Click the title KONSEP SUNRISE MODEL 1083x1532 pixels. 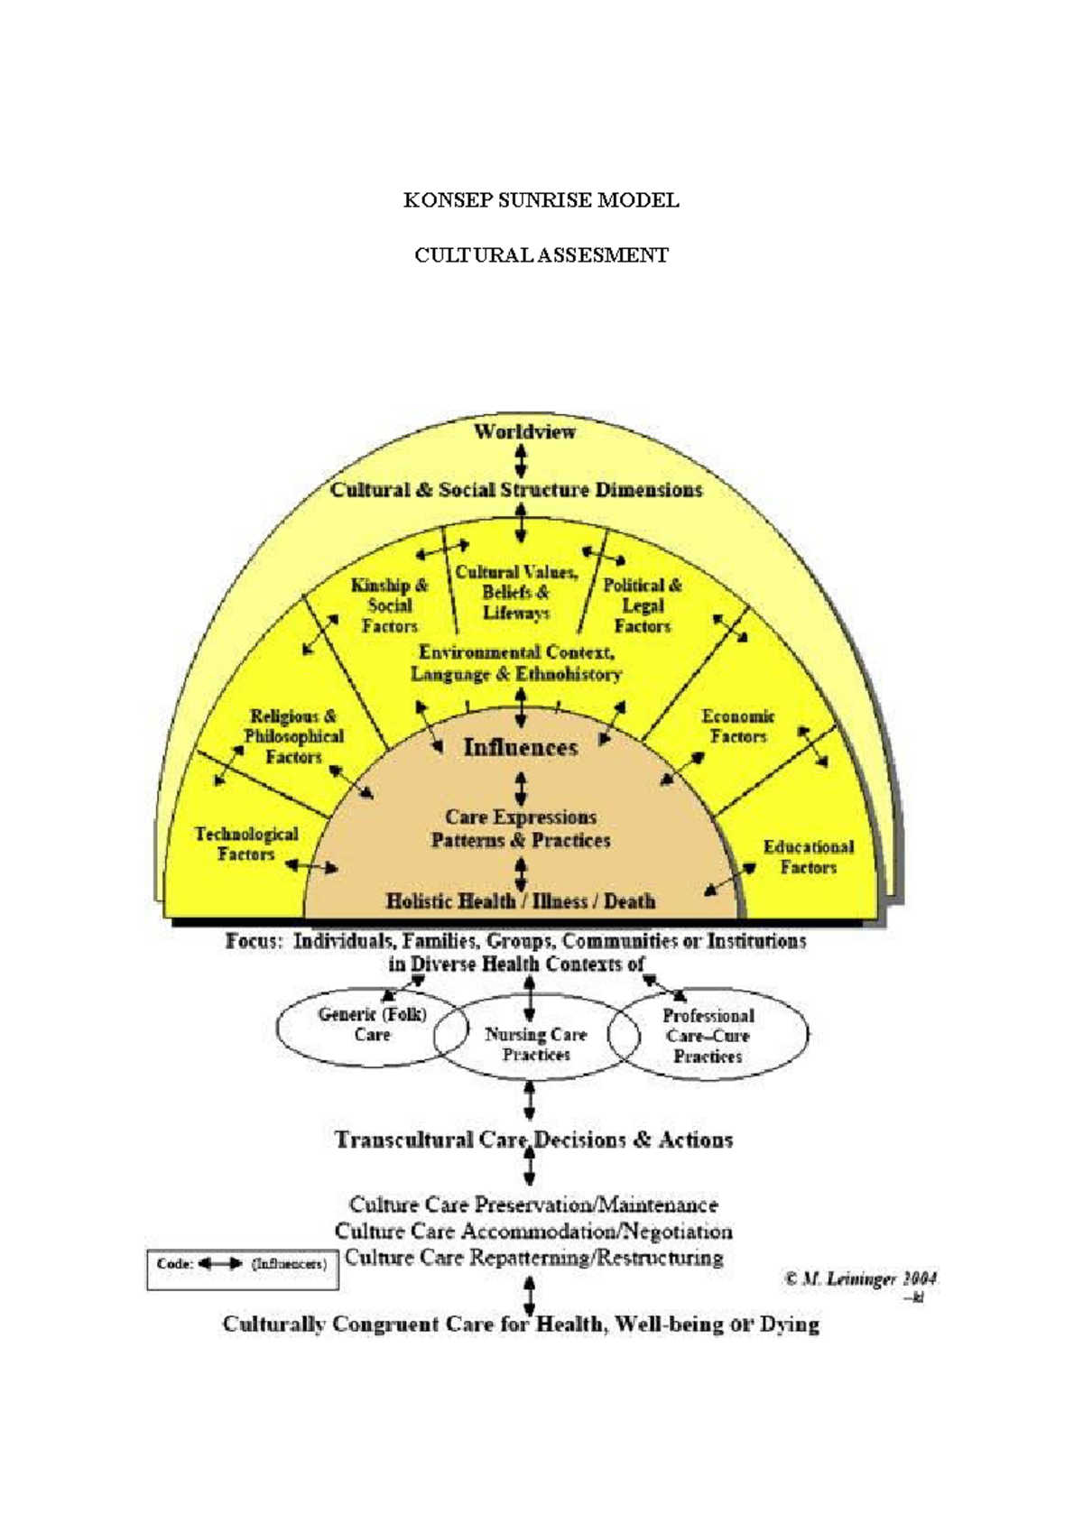click(x=541, y=200)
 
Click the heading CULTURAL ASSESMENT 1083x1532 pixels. click(x=541, y=255)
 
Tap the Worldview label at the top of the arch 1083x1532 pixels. click(x=524, y=432)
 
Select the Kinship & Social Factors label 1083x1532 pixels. click(x=390, y=605)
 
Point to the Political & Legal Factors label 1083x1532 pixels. click(x=643, y=605)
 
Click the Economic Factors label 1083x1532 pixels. click(x=738, y=726)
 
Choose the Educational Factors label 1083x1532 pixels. click(x=808, y=857)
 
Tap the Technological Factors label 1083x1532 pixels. click(x=245, y=844)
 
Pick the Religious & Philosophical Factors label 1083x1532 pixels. click(x=294, y=736)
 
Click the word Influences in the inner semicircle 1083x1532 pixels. click(x=520, y=747)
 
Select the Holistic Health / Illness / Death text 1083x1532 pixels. click(x=521, y=900)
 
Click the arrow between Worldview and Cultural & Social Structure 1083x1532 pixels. click(x=520, y=461)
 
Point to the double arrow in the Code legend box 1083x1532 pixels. click(x=219, y=1264)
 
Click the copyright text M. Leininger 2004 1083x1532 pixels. click(x=860, y=1278)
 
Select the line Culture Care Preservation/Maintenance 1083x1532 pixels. click(x=533, y=1204)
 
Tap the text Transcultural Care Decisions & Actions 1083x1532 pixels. click(x=533, y=1140)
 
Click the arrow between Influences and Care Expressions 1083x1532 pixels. click(x=521, y=788)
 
